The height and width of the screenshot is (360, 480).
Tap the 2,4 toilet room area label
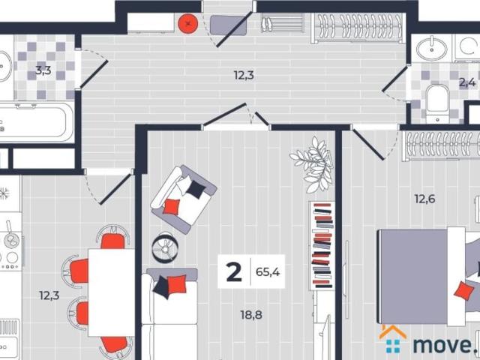tap(467, 82)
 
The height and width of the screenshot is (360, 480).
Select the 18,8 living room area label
tap(250, 315)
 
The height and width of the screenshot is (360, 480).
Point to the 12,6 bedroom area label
tap(424, 199)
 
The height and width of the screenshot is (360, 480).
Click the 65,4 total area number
tap(268, 271)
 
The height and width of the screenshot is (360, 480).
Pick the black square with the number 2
tap(234, 272)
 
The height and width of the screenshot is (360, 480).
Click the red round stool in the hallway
tap(187, 23)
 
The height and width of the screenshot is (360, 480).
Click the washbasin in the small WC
tap(432, 49)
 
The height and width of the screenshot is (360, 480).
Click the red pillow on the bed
tap(464, 291)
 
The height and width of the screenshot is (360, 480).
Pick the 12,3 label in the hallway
tap(244, 75)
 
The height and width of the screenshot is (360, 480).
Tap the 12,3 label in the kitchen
tap(49, 295)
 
